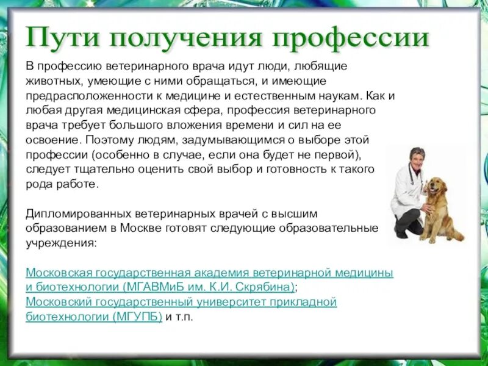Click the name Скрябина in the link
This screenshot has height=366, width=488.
coord(267,287)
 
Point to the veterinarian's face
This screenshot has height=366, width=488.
coord(417,158)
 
